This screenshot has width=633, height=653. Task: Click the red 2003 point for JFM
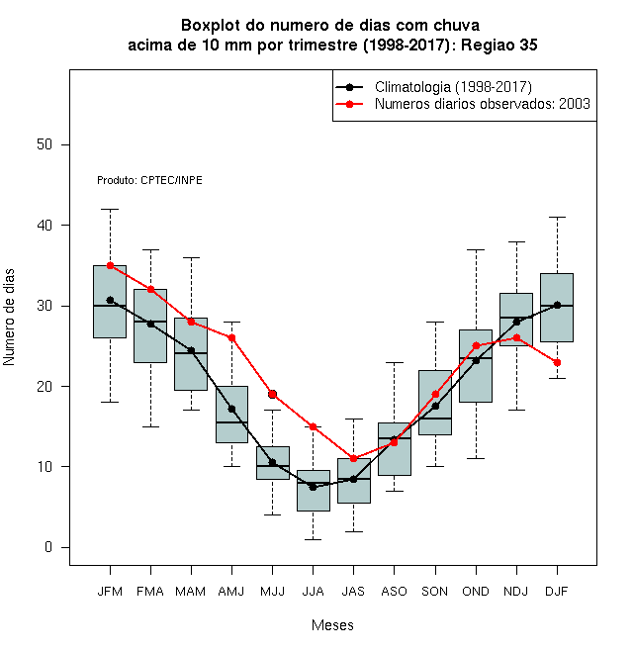(111, 265)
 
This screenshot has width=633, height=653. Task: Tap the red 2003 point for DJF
(557, 362)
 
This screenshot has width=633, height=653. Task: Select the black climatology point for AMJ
(232, 409)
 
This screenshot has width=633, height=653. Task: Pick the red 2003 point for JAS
(353, 458)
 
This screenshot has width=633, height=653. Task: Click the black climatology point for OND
(476, 361)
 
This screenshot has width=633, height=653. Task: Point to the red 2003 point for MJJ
(272, 394)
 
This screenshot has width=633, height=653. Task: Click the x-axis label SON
(435, 592)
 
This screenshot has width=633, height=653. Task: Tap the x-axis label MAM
(191, 592)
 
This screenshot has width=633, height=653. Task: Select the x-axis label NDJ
(516, 592)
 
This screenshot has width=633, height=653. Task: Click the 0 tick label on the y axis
(48, 547)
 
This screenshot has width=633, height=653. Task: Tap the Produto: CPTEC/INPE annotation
(150, 180)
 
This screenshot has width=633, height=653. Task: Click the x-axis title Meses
(332, 625)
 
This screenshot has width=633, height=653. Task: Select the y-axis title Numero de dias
(9, 318)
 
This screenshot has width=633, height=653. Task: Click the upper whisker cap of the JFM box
(111, 209)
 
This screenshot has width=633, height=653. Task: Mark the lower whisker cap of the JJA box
(314, 539)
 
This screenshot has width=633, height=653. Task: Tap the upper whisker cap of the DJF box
(557, 217)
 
